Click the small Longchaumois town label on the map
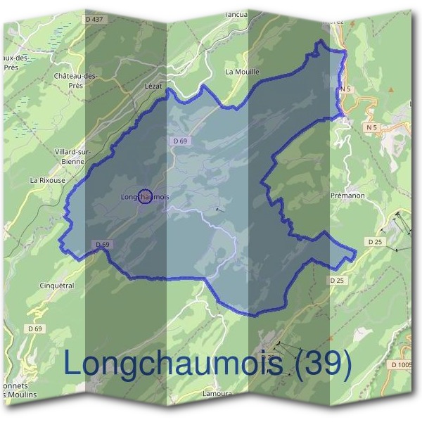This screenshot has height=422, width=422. [145, 197]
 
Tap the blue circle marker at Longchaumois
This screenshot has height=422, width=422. [146, 197]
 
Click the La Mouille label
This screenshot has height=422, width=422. [243, 72]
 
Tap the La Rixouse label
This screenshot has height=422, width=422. [47, 180]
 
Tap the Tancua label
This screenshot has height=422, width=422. [236, 13]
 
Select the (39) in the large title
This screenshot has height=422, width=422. [321, 363]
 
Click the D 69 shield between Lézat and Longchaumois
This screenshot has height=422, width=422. [180, 141]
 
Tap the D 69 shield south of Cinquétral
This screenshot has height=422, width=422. [35, 328]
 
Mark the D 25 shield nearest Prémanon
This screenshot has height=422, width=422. [374, 241]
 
